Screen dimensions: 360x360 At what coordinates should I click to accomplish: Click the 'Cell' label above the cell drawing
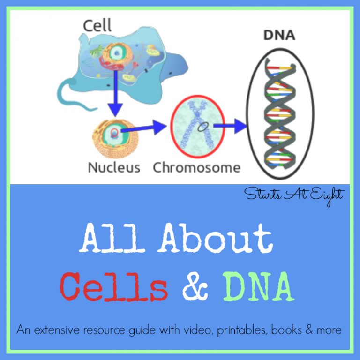(x=97, y=25)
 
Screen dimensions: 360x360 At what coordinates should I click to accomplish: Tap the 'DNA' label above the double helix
(x=279, y=35)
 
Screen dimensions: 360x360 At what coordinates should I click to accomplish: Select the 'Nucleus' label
(x=114, y=167)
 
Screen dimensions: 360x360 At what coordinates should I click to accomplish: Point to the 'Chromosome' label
(x=196, y=167)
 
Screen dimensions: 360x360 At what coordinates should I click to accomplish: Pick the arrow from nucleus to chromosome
(x=143, y=128)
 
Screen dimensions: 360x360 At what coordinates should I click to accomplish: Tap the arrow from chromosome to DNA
(x=230, y=126)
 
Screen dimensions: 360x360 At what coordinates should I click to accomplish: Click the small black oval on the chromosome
(x=203, y=127)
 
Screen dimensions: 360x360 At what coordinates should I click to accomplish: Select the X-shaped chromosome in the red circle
(x=197, y=125)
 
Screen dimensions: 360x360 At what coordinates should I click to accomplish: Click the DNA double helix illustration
(x=280, y=113)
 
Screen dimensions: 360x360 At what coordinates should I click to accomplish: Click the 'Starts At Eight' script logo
(x=294, y=195)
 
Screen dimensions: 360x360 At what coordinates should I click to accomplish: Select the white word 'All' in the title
(x=112, y=238)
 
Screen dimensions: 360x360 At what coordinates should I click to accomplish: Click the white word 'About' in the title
(x=217, y=238)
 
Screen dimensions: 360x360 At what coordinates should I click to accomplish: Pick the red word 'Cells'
(x=114, y=286)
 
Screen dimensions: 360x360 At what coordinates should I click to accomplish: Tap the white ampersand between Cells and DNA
(x=195, y=286)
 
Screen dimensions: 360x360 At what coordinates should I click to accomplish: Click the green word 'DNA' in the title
(x=259, y=286)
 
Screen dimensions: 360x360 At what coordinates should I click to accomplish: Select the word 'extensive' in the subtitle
(x=57, y=330)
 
